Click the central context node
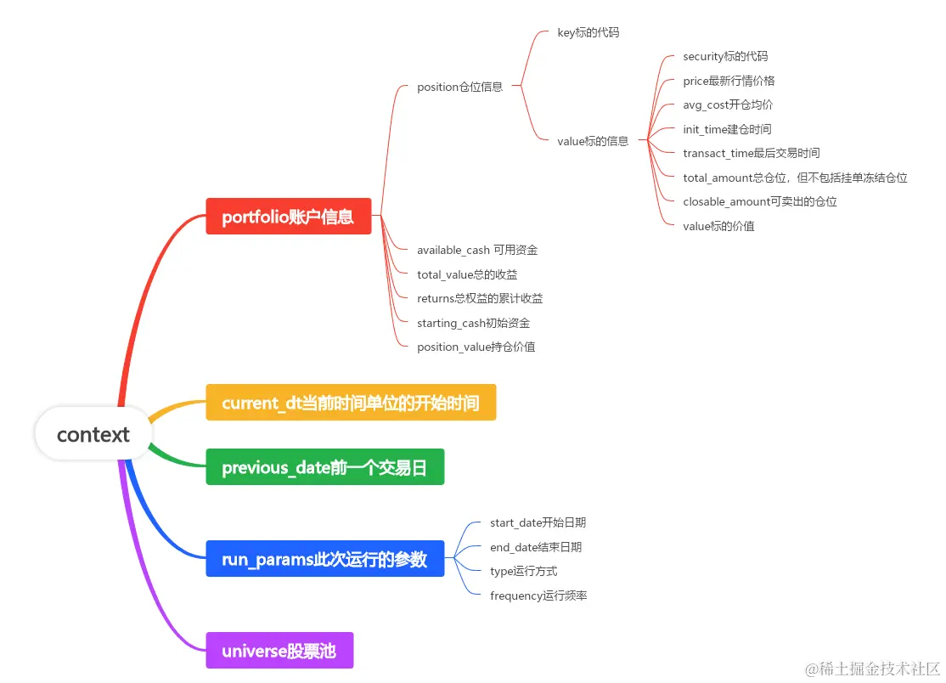pos(93,435)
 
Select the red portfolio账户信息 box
pos(288,217)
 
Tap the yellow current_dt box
pos(350,403)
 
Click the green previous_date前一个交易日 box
pos(324,467)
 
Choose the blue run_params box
pos(324,559)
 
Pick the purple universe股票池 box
pos(279,651)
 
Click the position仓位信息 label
pos(459,87)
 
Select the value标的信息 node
pos(593,141)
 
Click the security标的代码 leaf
pos(725,56)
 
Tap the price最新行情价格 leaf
pos(729,81)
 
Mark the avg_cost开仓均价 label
pos(728,104)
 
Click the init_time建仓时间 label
pos(727,129)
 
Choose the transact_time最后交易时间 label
pos(751,153)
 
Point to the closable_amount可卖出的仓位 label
pos(759,201)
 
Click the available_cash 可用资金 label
pos(477,250)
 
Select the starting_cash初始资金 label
pos(473,323)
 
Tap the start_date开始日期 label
pos(538,522)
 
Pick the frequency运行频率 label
pos(538,596)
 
